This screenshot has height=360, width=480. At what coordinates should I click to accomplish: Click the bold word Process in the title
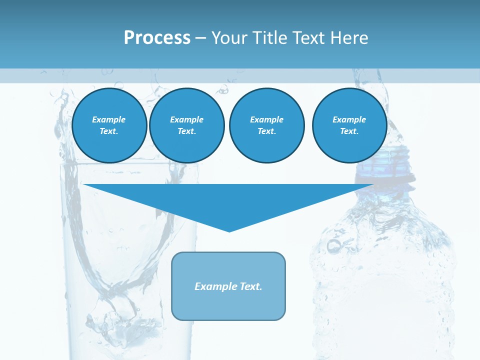(157, 38)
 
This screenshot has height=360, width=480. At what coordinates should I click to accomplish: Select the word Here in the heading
(349, 38)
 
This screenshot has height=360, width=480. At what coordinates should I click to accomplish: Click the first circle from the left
(109, 125)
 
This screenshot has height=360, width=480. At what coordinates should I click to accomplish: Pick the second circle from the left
(186, 125)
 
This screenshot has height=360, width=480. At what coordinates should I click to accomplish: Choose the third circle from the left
(266, 125)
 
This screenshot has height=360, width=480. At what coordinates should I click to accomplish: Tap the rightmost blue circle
(349, 125)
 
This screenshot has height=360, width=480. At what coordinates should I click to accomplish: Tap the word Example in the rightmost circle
(349, 119)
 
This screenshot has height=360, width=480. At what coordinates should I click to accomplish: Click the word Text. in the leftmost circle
(109, 131)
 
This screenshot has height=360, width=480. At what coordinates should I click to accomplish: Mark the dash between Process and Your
(201, 38)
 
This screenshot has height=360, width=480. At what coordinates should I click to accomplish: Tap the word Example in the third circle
(266, 119)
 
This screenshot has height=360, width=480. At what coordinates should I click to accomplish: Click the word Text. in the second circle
(186, 131)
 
